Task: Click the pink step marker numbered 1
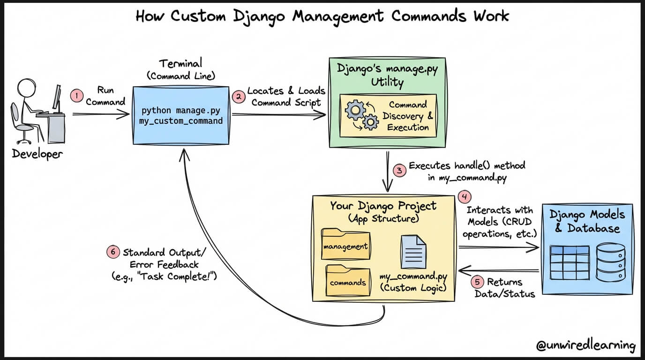pos(76,96)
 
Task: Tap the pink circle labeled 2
pos(239,97)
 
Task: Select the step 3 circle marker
pos(399,171)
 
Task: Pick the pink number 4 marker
pos(465,197)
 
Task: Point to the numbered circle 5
pos(477,282)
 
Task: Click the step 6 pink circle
pos(113,252)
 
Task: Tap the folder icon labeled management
pos(346,244)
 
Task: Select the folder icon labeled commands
pos(348,281)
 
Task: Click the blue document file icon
pos(413,252)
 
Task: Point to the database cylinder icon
pos(611,262)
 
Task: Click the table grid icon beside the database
pos(570,262)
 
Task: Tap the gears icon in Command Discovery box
pos(362,115)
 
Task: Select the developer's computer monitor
pos(57,98)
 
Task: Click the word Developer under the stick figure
pos(37,154)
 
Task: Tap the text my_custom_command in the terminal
pos(181,121)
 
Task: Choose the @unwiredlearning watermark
pos(585,345)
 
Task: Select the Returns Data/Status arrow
pos(498,270)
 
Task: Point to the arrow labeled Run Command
pos(101,114)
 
